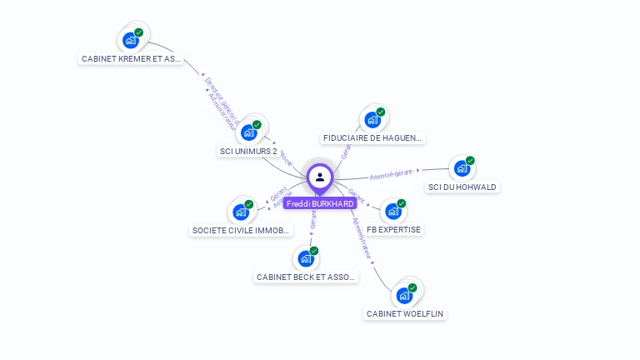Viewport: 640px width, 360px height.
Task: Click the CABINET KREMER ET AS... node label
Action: [131, 59]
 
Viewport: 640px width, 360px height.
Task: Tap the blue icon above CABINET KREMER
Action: [130, 39]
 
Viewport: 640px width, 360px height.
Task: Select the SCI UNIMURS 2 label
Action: [247, 152]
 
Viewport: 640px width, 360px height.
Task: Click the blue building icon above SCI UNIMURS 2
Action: [248, 132]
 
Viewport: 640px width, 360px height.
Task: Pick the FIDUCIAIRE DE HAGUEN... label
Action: [372, 138]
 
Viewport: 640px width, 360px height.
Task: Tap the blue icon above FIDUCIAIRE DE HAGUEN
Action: [372, 119]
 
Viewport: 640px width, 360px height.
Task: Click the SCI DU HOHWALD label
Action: [462, 187]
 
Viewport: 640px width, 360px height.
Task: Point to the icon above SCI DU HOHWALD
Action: [462, 168]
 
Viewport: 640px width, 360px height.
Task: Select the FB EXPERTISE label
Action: [393, 229]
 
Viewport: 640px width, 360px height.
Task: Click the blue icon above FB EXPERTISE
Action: [392, 211]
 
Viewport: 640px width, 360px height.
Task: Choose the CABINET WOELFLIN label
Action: [405, 314]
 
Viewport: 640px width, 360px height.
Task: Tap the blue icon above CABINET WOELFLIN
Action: [404, 295]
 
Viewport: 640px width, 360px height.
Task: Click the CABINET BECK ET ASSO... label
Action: [306, 277]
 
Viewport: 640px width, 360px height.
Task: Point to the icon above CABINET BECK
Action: [306, 258]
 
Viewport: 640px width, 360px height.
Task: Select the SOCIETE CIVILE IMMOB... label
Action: [241, 230]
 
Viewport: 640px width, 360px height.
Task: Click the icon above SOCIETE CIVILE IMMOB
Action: [241, 212]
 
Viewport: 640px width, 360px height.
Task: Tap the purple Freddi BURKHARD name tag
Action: [320, 203]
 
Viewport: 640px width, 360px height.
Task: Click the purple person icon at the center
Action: [320, 177]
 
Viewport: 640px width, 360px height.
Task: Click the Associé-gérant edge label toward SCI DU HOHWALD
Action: [392, 176]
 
